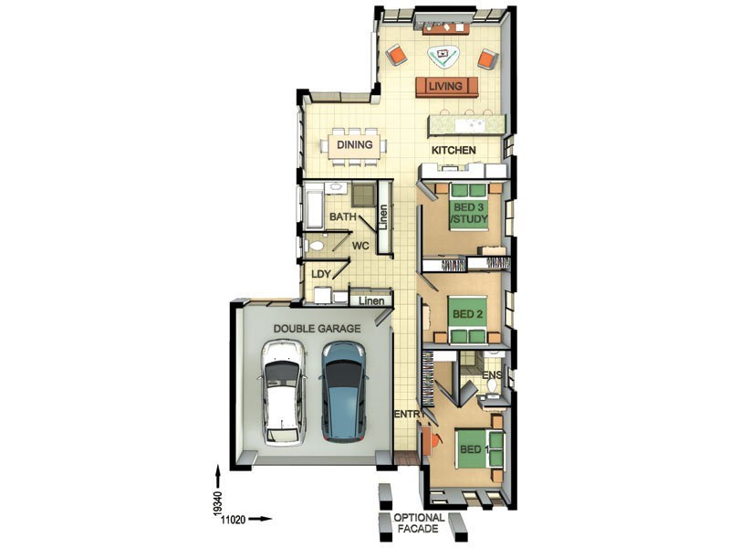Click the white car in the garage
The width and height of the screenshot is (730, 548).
(284, 393)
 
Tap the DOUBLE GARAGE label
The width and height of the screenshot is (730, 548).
(317, 328)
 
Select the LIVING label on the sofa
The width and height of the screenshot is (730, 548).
(447, 87)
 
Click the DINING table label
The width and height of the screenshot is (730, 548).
(354, 144)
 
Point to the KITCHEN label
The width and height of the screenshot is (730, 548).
(454, 150)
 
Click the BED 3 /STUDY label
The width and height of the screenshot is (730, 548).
(469, 213)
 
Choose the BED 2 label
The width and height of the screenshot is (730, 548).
(467, 314)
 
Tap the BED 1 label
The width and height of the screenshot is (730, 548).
(471, 449)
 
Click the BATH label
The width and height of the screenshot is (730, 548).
(342, 217)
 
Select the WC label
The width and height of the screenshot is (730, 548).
(360, 246)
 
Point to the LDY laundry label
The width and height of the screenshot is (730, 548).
(320, 273)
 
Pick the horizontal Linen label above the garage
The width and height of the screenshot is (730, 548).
(370, 300)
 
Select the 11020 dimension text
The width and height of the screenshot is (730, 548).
(234, 519)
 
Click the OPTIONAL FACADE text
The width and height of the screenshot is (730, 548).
(420, 522)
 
